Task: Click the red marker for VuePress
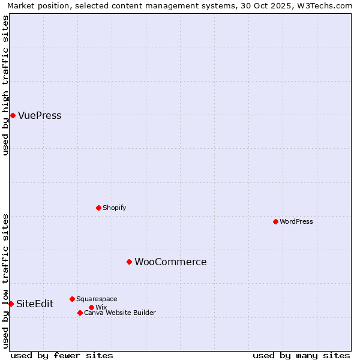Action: coord(13,115)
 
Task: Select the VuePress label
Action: coord(40,116)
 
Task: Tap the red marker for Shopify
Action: coord(98,208)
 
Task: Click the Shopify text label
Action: coord(114,208)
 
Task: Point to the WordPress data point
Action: coord(275,221)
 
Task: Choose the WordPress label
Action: coord(296,221)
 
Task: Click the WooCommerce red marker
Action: coord(129,262)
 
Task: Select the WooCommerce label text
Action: coord(170,262)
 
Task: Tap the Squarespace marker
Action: coord(72,299)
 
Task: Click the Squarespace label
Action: coord(97,299)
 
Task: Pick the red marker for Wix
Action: coord(91,307)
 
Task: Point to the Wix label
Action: coord(101,307)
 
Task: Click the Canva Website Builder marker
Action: coord(80,313)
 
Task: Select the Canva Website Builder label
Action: coord(119,313)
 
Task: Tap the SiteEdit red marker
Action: coord(11,304)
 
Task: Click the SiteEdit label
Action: coord(35,304)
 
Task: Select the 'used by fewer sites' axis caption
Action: coord(62,355)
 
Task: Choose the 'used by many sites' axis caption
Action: coord(301,355)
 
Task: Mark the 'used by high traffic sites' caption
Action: coord(5,86)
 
